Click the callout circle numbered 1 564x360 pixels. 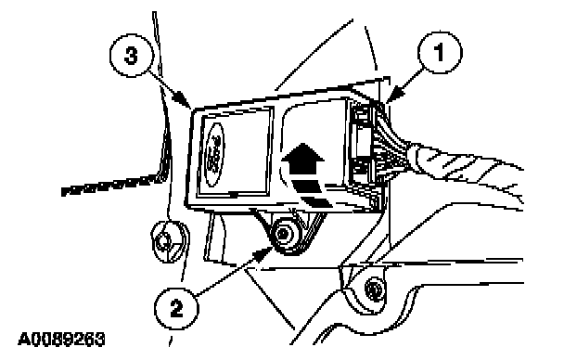tap(440, 53)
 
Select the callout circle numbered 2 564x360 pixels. tap(176, 309)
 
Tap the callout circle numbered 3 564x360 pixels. tap(132, 55)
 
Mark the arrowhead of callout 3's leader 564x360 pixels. tap(184, 100)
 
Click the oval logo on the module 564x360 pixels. tap(214, 154)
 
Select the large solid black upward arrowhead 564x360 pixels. tap(302, 159)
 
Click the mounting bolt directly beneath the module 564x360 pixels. tap(286, 235)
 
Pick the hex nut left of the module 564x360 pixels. tap(166, 241)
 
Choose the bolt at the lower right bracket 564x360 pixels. tap(374, 289)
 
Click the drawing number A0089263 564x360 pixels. tap(61, 340)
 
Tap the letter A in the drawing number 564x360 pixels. tap(24, 340)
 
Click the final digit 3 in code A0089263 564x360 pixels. tap(100, 340)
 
